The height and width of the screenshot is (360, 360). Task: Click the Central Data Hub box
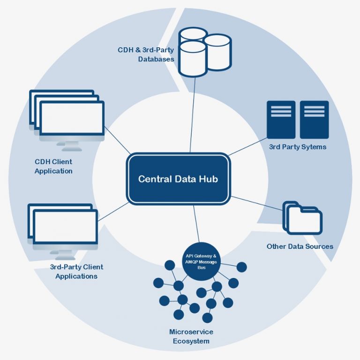click(178, 179)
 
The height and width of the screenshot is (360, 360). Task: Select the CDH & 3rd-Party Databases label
click(146, 54)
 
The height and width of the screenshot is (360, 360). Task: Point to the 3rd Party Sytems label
click(297, 147)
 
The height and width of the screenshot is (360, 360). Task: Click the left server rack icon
click(281, 120)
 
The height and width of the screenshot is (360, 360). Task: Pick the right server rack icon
click(314, 120)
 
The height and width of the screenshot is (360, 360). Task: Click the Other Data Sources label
click(300, 247)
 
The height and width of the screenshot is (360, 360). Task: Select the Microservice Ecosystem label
click(191, 337)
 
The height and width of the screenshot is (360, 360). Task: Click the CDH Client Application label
click(53, 166)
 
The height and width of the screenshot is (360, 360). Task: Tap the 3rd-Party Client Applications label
click(76, 271)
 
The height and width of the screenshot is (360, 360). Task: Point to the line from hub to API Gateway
click(198, 225)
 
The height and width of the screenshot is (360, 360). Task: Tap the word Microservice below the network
click(191, 332)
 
